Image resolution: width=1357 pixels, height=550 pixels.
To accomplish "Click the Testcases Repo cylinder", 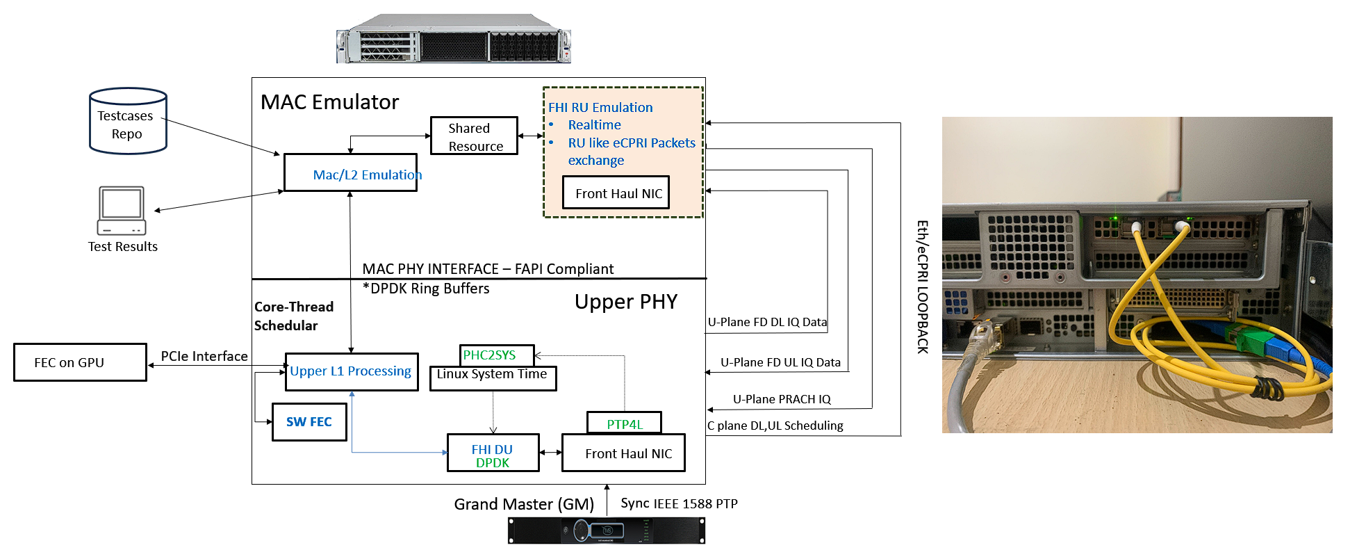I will pos(128,121).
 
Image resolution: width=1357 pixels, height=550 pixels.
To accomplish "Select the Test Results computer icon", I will pos(122,210).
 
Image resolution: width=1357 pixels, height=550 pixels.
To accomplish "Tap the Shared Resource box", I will pos(474,136).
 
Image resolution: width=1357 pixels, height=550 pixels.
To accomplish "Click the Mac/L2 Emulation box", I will pos(350,173).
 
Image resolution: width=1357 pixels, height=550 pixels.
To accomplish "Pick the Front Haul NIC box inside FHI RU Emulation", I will pos(616,193).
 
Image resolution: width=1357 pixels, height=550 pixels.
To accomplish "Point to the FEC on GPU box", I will pos(80,362).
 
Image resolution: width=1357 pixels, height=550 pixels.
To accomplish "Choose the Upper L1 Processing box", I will pos(352,372).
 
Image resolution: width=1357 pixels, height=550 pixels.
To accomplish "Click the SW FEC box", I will pos(309,422).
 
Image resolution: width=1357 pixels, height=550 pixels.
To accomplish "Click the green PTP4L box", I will pos(624,423).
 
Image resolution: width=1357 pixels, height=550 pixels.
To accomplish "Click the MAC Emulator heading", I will pos(329,102).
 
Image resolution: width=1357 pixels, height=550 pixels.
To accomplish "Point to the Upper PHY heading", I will pos(625,302).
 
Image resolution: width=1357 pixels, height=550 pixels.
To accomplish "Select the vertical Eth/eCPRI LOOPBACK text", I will pos(922,286).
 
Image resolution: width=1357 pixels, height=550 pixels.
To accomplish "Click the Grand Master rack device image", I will pos(606,531).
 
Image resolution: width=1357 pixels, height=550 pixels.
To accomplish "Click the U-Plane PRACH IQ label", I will pos(782,399).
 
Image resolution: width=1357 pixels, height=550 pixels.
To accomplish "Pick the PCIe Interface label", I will pos(204,356).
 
